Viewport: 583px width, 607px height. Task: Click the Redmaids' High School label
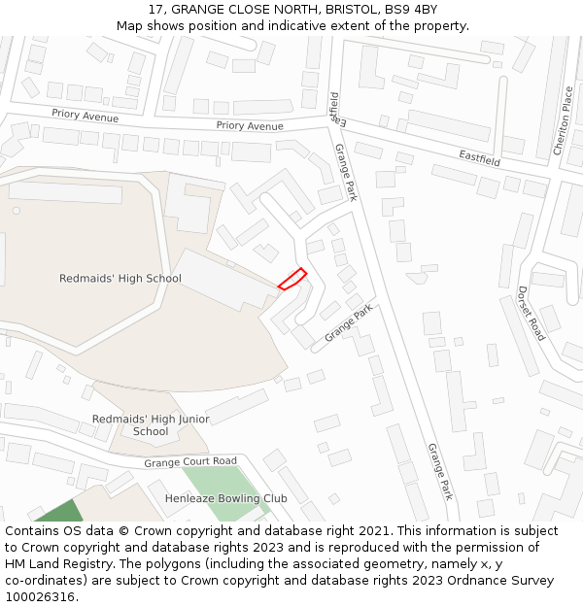120,279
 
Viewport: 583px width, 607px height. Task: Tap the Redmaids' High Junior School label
151,425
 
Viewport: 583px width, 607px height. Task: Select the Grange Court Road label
190,462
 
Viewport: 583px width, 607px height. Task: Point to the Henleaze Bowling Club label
225,498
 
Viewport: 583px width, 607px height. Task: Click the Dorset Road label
532,313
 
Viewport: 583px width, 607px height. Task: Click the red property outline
292,279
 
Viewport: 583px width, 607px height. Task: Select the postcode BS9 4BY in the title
410,10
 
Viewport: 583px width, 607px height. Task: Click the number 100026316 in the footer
40,597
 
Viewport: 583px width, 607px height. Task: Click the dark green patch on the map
62,512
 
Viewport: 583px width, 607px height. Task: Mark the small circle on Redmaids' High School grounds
16,210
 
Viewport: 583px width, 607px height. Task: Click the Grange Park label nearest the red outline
349,322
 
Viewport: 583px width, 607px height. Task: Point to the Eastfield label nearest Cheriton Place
479,156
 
